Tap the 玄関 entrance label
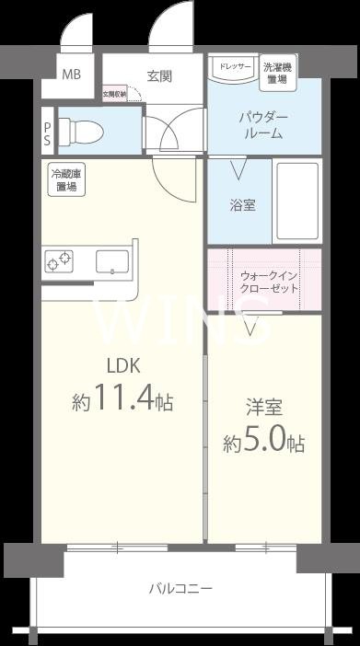(x=158, y=76)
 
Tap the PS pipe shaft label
(x=47, y=133)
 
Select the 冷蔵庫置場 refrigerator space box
(x=65, y=180)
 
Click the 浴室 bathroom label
(x=242, y=205)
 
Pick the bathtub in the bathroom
(x=297, y=202)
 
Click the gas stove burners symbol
(x=59, y=261)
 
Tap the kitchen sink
(x=111, y=261)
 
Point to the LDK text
(x=121, y=365)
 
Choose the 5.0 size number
(x=268, y=443)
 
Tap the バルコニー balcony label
(x=181, y=588)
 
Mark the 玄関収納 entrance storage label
(x=113, y=93)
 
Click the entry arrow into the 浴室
(x=238, y=170)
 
